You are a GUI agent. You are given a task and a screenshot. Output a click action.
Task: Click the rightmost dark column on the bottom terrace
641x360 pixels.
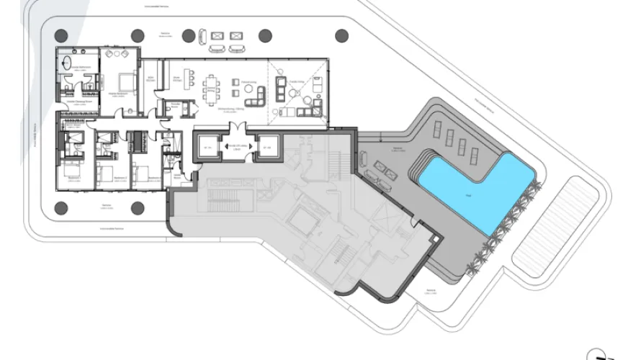coord(138,208)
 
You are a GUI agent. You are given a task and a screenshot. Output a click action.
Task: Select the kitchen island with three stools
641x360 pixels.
coord(190,78)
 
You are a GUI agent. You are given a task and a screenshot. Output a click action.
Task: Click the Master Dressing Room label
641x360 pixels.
coord(76,103)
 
